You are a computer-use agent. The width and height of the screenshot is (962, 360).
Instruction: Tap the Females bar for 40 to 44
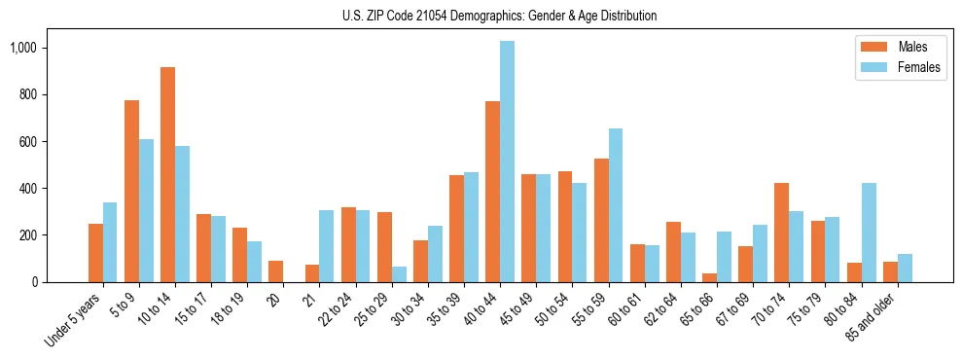pos(507,162)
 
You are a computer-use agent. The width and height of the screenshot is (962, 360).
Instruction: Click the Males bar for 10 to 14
pos(167,175)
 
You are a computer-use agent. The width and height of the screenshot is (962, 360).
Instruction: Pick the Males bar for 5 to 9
pos(131,192)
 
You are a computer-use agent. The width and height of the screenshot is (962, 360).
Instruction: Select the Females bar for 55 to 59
pos(616,205)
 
